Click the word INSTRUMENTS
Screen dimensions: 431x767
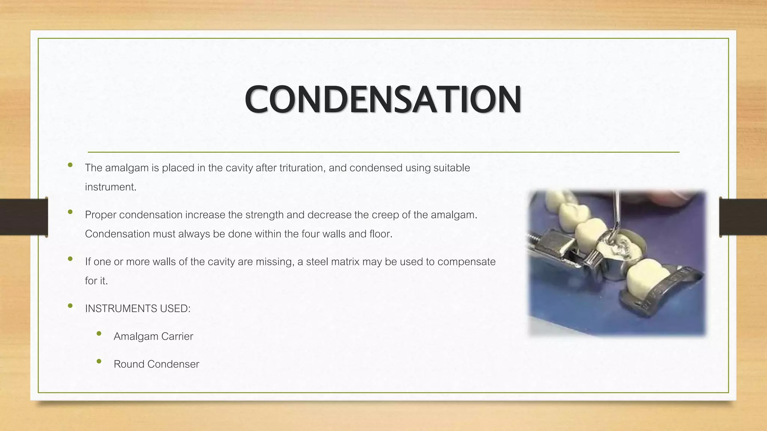pos(121,309)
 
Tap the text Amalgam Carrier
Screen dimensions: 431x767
pos(153,336)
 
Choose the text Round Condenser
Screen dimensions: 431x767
pos(156,364)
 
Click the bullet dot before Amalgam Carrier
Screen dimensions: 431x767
pos(99,333)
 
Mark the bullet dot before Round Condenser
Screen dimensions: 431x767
pos(99,361)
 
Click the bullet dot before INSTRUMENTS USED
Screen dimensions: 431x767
pos(70,306)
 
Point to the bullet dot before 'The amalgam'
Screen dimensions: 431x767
pos(70,165)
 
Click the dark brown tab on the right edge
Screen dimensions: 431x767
pos(743,217)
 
